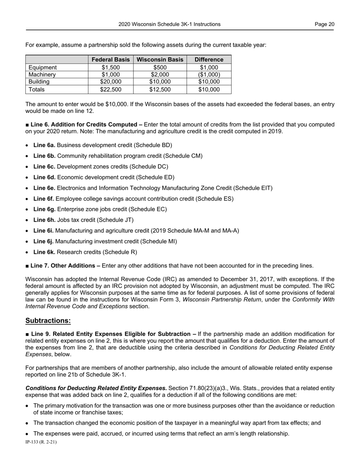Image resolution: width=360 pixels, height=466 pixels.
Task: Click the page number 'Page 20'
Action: pyautogui.click(x=324, y=24)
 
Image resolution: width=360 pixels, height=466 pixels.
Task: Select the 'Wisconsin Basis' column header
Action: pyautogui.click(x=160, y=59)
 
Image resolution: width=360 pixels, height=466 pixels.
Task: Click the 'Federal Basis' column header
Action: pyautogui.click(x=111, y=59)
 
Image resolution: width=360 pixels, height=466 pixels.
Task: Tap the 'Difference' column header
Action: pyautogui.click(x=209, y=59)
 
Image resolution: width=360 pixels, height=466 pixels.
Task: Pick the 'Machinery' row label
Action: pyautogui.click(x=42, y=75)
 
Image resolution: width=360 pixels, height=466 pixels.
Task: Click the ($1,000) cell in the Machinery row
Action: pyautogui.click(x=209, y=75)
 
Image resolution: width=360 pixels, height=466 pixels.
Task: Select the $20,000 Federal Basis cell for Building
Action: pyautogui.click(x=111, y=82)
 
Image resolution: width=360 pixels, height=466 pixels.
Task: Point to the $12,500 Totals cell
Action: pyautogui.click(x=160, y=90)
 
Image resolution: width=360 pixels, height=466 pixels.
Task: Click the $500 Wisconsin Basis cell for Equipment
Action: pyautogui.click(x=160, y=67)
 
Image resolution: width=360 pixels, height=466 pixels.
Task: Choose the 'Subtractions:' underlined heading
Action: pyautogui.click(x=48, y=321)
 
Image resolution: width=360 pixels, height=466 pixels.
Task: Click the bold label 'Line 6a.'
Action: pyautogui.click(x=44, y=145)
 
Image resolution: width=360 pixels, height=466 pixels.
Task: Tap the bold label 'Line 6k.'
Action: pyautogui.click(x=44, y=252)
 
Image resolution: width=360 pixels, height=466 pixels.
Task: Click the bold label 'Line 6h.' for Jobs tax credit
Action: pyautogui.click(x=44, y=220)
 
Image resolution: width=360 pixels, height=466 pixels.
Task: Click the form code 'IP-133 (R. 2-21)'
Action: pyautogui.click(x=41, y=442)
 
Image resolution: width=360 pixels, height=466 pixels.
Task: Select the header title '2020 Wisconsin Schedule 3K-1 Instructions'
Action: pyautogui.click(x=169, y=24)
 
